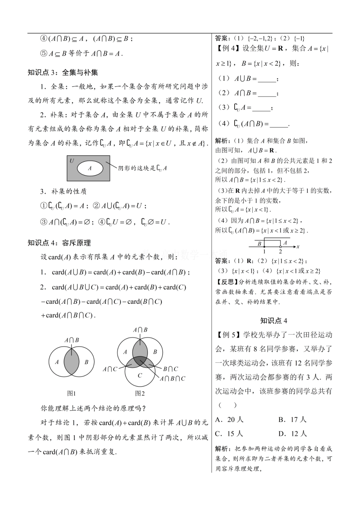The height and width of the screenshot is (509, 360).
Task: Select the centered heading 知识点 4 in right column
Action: [x=274, y=321]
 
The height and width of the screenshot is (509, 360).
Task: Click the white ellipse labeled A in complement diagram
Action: [x=90, y=169]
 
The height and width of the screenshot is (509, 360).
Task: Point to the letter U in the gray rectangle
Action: [x=72, y=161]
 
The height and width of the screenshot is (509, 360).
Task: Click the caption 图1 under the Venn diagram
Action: [x=71, y=393]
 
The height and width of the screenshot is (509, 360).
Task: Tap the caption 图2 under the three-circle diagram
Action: [x=140, y=393]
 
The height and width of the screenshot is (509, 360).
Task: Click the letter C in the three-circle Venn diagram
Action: [x=140, y=376]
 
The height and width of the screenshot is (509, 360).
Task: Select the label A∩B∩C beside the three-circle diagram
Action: [x=173, y=378]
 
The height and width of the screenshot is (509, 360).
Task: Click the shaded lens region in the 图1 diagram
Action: [x=71, y=362]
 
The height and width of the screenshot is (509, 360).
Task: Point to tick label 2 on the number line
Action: [x=280, y=251]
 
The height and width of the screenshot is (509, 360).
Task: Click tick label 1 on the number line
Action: [x=264, y=251]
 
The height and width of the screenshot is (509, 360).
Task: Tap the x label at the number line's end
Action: [x=298, y=247]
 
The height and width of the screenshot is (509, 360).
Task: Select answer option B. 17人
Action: [x=292, y=419]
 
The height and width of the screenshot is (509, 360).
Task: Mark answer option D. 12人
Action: [x=292, y=434]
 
